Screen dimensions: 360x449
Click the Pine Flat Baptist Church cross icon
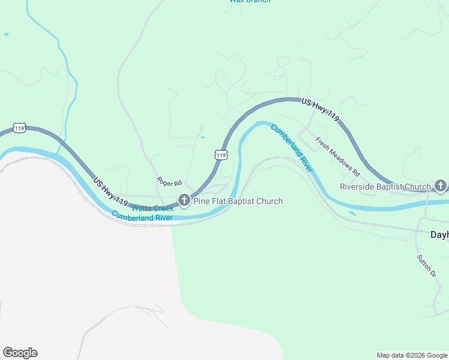pos(184,201)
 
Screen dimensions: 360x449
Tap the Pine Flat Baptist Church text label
pos(237,202)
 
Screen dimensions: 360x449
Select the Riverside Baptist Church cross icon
pos(440,187)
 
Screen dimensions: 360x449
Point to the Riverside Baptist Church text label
pos(385,187)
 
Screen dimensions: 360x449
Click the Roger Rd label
pos(169,181)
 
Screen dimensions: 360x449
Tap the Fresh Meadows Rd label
pos(337,157)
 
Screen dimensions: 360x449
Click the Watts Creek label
pos(152,208)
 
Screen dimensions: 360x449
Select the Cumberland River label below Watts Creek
pos(142,217)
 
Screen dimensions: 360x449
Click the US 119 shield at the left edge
pos(20,128)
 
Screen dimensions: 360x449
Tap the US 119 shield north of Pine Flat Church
pos(221,155)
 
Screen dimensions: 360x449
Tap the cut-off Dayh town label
pos(440,235)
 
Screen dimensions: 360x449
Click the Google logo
pos(20,353)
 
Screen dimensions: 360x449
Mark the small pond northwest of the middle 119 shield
pos(203,137)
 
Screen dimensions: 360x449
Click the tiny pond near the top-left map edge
pos(6,35)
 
